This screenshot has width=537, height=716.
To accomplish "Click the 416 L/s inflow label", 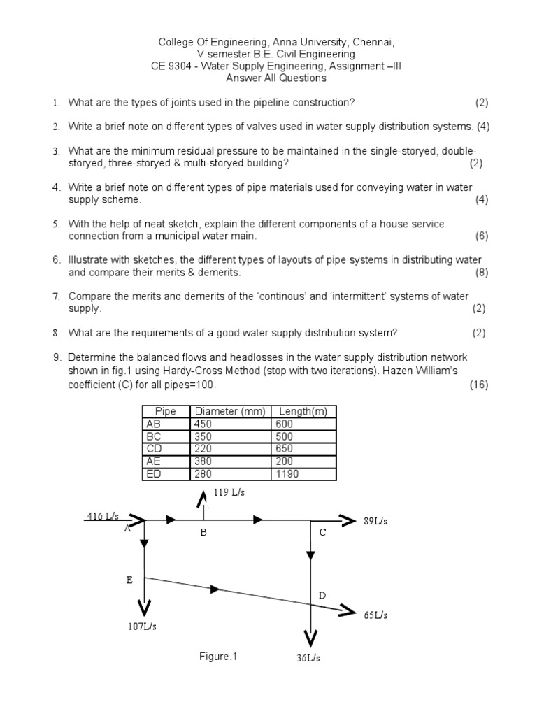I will pos(103,517).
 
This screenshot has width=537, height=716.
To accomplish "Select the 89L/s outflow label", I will pos(375,522).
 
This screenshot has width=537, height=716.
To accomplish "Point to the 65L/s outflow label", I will pos(375,615).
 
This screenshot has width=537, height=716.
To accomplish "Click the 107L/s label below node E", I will pos(142,626).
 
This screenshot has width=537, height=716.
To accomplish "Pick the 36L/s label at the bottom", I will pos(309,658).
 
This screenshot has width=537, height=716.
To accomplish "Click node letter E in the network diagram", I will pos(129,580).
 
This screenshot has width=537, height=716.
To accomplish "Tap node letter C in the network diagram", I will pos(322,533).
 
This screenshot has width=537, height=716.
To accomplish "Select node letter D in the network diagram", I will pos(322,596).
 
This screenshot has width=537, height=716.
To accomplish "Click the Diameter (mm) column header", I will pos(230,411).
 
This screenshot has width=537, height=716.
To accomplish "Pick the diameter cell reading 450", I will pos(202,424).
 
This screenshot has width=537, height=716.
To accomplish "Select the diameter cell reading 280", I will pos(202,474).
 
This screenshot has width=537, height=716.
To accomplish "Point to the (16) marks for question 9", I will pos(479,385).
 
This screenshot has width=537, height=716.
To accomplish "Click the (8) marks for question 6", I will pos(482,273).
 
